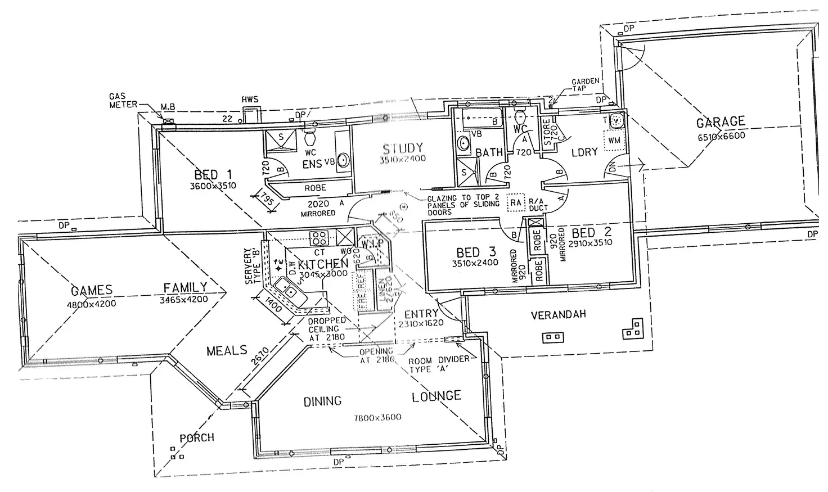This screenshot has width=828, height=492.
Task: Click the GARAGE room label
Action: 721,122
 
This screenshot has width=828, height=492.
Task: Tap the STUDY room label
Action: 403,149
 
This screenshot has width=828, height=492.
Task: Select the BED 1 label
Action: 213,174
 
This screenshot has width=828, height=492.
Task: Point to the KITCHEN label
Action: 323,264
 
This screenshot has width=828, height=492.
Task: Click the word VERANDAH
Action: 558,315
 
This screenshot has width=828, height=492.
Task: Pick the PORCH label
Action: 197,437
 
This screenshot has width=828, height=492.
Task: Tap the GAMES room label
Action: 92,291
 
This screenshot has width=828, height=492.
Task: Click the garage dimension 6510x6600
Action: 721,136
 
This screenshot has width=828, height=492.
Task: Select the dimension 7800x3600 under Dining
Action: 377,418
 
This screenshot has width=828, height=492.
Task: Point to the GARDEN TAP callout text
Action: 585,85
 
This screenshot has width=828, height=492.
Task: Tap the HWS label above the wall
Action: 250,100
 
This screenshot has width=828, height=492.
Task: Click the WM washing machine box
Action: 614,140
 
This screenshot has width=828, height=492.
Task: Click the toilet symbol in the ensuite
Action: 309,137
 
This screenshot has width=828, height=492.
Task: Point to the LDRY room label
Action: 584,152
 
